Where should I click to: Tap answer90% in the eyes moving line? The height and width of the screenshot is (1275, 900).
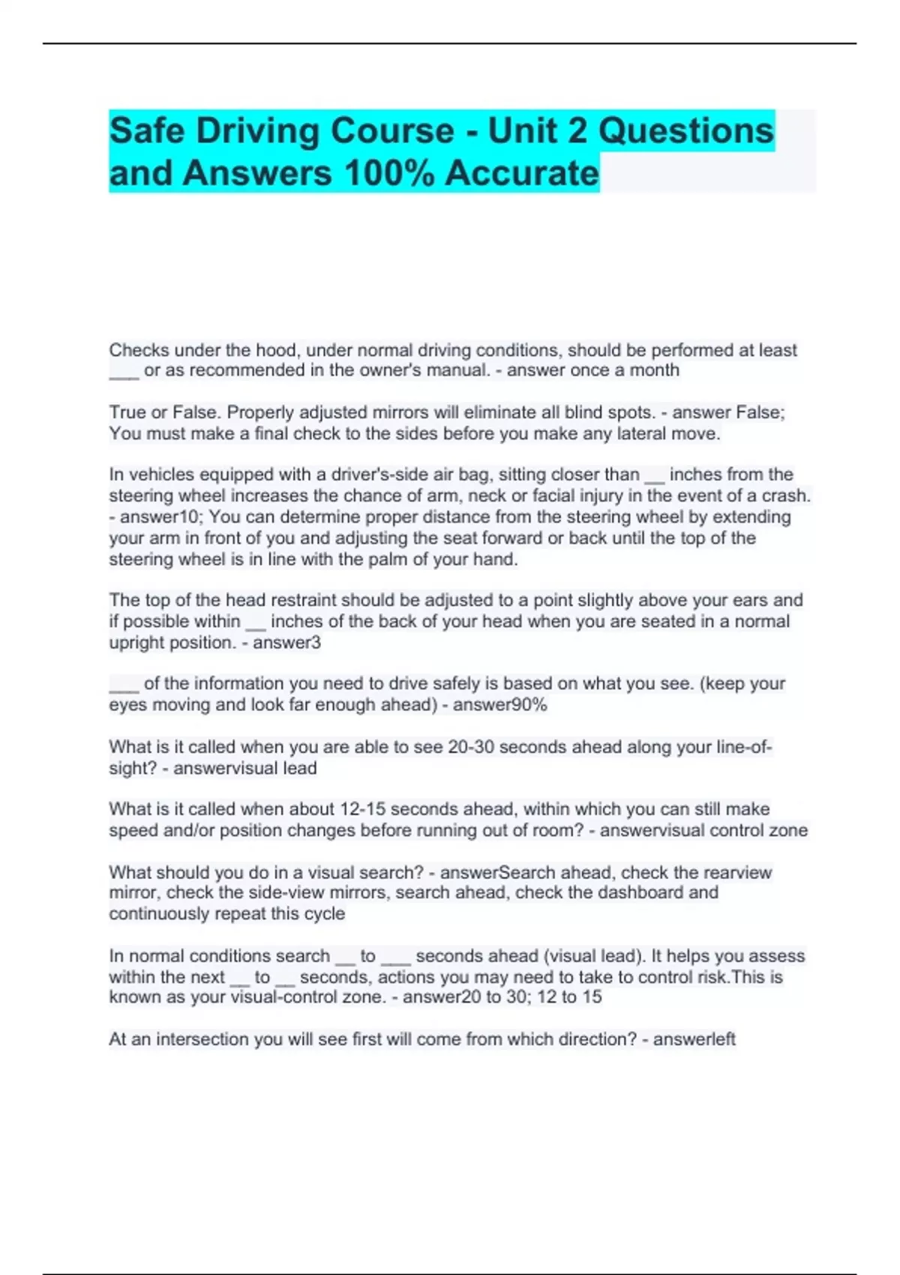click(499, 705)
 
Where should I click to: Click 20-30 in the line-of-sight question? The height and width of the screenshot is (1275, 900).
click(470, 747)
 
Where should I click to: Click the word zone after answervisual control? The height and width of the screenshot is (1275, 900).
click(787, 830)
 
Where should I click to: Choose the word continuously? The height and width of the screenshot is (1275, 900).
click(160, 913)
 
